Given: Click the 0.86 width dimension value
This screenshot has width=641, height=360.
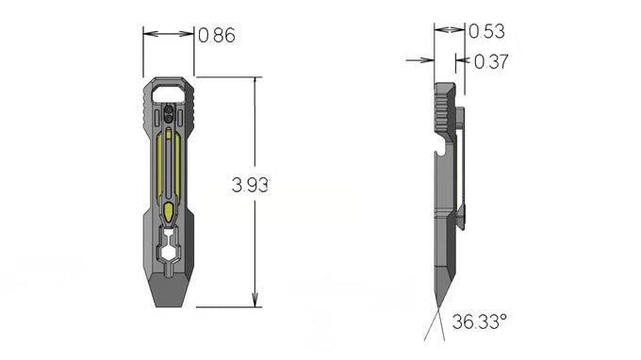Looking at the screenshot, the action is coord(217,35).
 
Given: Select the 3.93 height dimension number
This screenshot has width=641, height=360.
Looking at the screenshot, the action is coord(250,185).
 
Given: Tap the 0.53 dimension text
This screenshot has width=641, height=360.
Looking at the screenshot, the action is coord(486,31).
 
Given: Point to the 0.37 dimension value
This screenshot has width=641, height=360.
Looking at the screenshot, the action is coord(491,61).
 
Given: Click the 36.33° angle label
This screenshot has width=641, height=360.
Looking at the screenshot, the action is coord(479,321).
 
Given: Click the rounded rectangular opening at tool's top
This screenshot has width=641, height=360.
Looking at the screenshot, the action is coord(169,93).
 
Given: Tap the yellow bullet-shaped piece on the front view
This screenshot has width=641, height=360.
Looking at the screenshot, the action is coord(169,212).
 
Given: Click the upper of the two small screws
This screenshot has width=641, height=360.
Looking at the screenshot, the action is coord(168,110).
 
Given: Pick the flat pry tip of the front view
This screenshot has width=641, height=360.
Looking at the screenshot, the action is coord(169,290).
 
